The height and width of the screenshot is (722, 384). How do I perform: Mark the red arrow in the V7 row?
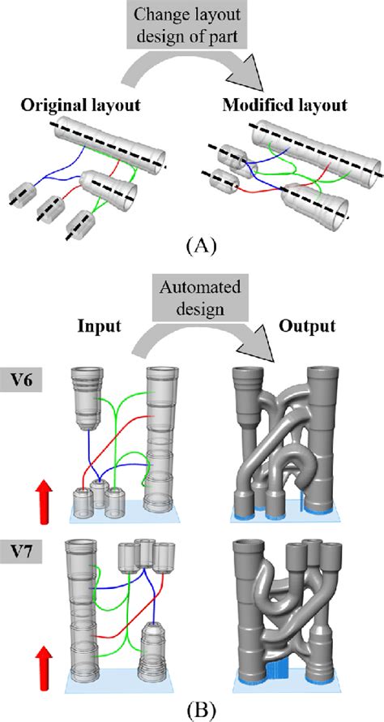pos(43,668)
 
